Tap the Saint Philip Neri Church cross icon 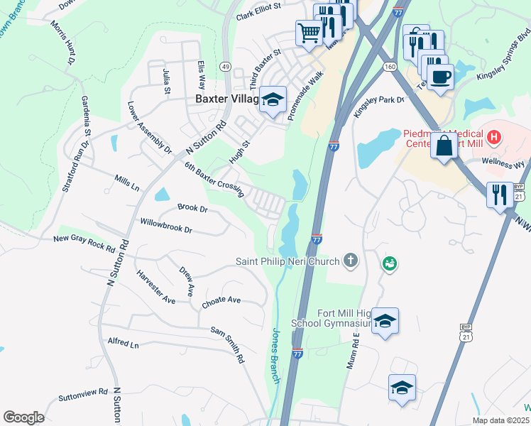coord(349,261)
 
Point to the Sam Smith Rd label coord(227,344)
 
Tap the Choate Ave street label coord(221,301)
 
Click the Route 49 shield coord(225,66)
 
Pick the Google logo coord(23,417)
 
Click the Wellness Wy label coord(503,163)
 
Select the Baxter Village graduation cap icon coord(271,100)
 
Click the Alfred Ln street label coord(123,344)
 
